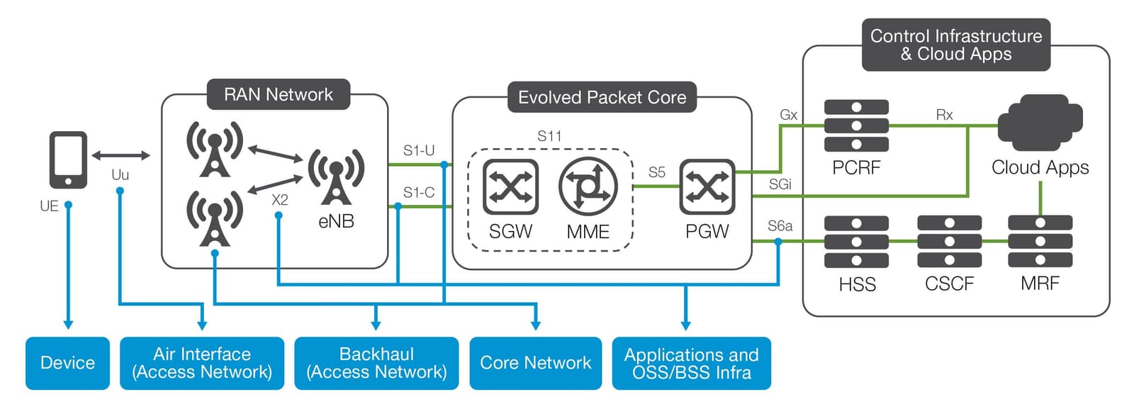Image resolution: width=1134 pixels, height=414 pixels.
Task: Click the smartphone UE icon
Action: pyautogui.click(x=68, y=160)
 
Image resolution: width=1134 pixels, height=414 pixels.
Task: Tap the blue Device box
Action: pyautogui.click(x=67, y=363)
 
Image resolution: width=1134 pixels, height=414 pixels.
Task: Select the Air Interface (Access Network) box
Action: pyautogui.click(x=202, y=363)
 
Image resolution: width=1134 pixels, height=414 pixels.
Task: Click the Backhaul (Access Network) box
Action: pyautogui.click(x=376, y=363)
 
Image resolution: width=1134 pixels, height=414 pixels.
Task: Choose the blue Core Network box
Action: pyautogui.click(x=535, y=363)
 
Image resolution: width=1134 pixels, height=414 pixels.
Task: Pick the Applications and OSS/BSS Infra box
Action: pyautogui.click(x=691, y=363)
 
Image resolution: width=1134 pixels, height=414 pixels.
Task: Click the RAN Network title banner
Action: pyautogui.click(x=279, y=94)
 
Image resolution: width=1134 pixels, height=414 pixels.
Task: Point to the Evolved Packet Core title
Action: pyautogui.click(x=602, y=98)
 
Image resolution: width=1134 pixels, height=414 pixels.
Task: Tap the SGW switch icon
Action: pyautogui.click(x=510, y=187)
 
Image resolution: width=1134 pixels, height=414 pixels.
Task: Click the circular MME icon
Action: pyautogui.click(x=588, y=187)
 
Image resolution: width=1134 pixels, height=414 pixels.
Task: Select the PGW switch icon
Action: pyautogui.click(x=707, y=187)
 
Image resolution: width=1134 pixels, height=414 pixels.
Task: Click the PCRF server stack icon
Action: pyautogui.click(x=856, y=126)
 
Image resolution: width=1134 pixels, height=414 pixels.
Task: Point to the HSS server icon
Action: pyautogui.click(x=856, y=242)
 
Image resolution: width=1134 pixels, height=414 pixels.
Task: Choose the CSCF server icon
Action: pyautogui.click(x=949, y=242)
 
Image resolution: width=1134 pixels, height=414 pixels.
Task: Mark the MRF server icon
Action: pyautogui.click(x=1040, y=242)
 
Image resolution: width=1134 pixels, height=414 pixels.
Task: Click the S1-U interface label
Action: pyautogui.click(x=419, y=150)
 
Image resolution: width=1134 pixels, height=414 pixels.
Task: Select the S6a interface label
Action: pyautogui.click(x=780, y=226)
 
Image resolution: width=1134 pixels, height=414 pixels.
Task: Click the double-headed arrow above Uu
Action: pyautogui.click(x=120, y=155)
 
